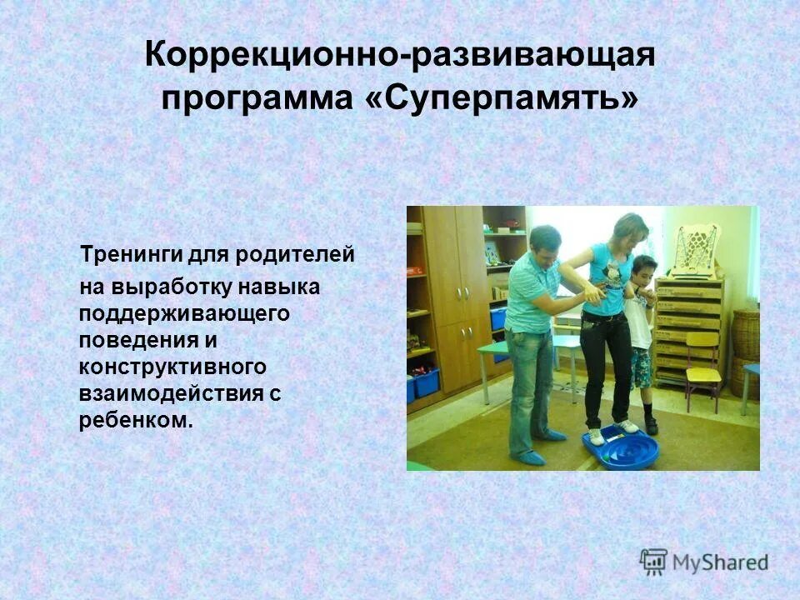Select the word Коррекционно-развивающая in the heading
[x=400, y=57]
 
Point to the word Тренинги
[x=119, y=254]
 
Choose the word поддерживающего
[x=184, y=314]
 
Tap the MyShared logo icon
[x=654, y=562]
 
